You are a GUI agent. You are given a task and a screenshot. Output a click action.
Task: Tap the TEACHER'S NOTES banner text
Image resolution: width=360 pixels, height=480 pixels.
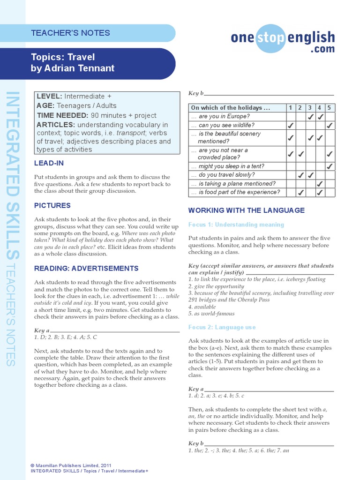coord(70,33)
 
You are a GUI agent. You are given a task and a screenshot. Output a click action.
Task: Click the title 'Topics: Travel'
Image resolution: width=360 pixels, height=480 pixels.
coord(63,57)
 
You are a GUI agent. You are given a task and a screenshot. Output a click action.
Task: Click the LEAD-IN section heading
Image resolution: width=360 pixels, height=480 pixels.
coord(49,163)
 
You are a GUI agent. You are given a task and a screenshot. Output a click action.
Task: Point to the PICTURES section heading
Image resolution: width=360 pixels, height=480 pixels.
coord(52,205)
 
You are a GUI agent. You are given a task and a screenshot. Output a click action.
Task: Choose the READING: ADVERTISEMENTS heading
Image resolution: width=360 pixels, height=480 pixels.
coord(86,268)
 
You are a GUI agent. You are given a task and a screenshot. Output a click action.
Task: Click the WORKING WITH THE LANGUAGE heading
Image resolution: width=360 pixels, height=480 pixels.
coord(246,210)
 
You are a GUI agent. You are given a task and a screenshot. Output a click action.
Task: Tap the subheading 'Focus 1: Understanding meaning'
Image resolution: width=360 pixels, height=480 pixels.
coord(236,225)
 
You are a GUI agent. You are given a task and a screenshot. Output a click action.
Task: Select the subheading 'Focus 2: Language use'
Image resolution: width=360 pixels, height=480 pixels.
coord(222,327)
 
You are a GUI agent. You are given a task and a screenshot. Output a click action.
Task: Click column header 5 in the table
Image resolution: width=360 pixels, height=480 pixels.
coord(330,108)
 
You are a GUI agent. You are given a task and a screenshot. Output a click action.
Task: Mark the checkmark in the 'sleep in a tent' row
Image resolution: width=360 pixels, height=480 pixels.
coord(330,166)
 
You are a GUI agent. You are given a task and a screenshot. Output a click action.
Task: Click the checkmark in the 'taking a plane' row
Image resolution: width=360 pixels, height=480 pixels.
coord(320,184)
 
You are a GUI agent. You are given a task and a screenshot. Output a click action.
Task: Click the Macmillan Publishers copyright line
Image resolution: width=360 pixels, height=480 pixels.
coord(71,465)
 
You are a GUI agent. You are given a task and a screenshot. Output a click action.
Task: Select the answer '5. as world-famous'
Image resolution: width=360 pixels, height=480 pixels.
coord(211,314)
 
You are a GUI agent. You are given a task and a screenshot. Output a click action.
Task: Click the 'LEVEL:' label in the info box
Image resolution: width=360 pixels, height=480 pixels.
coord(49,96)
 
